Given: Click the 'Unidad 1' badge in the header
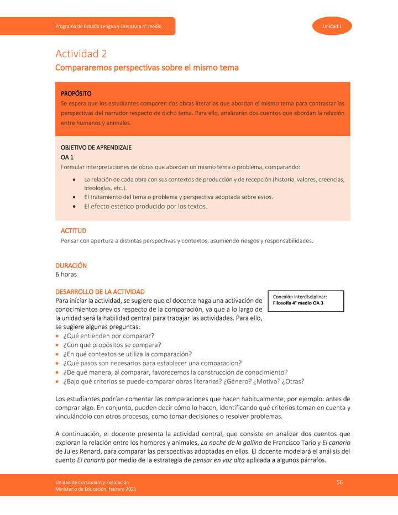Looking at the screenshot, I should (x=332, y=27).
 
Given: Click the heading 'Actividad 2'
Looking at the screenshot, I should (x=81, y=54).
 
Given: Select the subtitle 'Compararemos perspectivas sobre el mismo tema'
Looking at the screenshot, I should (x=146, y=68).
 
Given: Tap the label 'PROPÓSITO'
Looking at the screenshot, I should (x=76, y=93).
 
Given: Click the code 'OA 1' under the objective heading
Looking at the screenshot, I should (x=67, y=157).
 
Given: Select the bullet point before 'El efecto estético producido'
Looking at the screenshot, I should (x=75, y=207).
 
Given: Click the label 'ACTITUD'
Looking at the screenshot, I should (x=73, y=230).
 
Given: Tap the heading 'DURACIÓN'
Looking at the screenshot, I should (x=71, y=265).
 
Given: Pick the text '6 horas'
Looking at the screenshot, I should (x=66, y=274).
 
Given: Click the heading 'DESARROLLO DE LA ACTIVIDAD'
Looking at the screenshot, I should (x=100, y=291).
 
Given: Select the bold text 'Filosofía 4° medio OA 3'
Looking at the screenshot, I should (x=298, y=303).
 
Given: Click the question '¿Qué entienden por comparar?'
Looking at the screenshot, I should (x=108, y=336).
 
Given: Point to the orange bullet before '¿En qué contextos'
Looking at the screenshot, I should (x=58, y=354).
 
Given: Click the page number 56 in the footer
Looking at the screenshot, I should (x=339, y=482).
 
